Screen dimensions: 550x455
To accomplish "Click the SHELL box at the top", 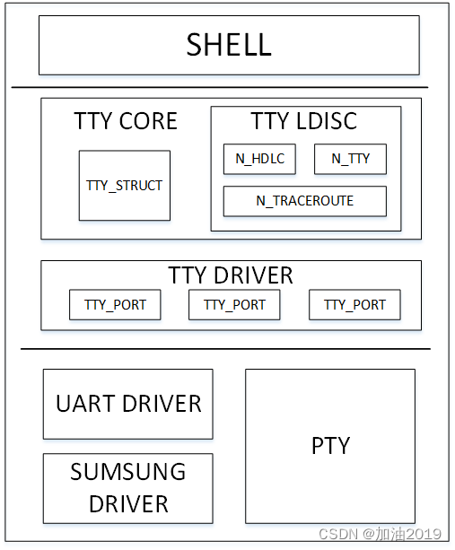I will [x=229, y=45].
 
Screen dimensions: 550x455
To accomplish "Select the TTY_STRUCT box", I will [x=124, y=186].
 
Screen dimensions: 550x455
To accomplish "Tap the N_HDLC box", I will [x=259, y=159].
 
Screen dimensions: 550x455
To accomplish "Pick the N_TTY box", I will [x=350, y=159].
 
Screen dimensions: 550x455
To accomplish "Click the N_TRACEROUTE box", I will [x=304, y=201].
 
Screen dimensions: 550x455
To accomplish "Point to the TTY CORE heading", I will [x=126, y=121].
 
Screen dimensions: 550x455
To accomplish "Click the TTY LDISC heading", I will [x=304, y=121].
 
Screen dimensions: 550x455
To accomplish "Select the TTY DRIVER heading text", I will [x=231, y=275].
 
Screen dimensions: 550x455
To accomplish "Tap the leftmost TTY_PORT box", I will [x=115, y=305].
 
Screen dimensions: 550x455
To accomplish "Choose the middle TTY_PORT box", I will [x=234, y=305].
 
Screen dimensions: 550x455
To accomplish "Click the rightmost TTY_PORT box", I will [x=354, y=305].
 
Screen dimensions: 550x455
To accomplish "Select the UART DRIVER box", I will [x=128, y=404].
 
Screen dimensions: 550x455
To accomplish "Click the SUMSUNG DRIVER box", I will [x=128, y=488].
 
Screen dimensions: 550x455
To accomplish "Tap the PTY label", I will [x=330, y=446].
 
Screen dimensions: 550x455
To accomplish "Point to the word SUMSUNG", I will [x=128, y=472].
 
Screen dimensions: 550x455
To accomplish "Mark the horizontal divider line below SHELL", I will [x=220, y=87].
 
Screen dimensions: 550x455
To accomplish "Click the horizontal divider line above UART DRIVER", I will [x=224, y=349].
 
